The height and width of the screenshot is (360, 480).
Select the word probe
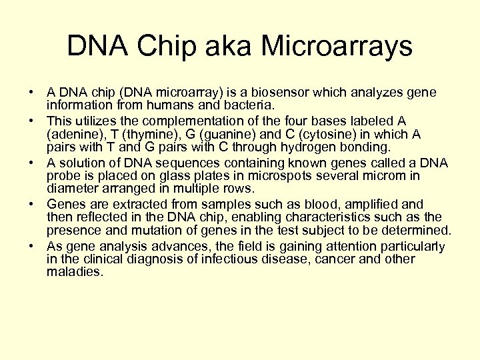coord(63,177)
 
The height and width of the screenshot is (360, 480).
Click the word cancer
coord(361,259)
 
